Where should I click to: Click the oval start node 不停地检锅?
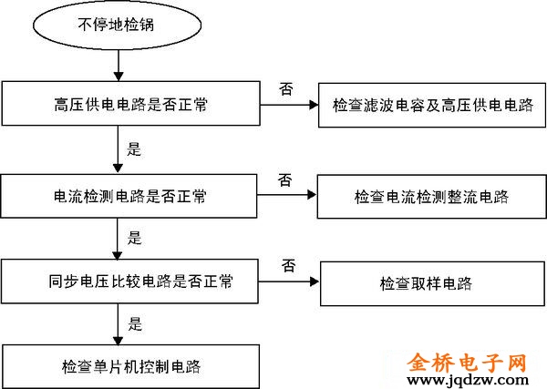[x=116, y=26]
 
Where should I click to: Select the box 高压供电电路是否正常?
[x=130, y=105]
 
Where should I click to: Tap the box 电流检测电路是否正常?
[x=130, y=194]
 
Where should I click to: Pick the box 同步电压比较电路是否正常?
[x=130, y=282]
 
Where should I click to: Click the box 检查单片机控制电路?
[x=130, y=367]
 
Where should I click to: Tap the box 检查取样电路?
[x=426, y=282]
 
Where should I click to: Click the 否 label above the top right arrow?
[x=285, y=88]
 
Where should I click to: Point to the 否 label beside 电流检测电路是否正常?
[x=285, y=179]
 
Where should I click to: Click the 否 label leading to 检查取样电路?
[x=288, y=265]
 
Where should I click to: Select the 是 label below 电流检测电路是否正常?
[x=135, y=238]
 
